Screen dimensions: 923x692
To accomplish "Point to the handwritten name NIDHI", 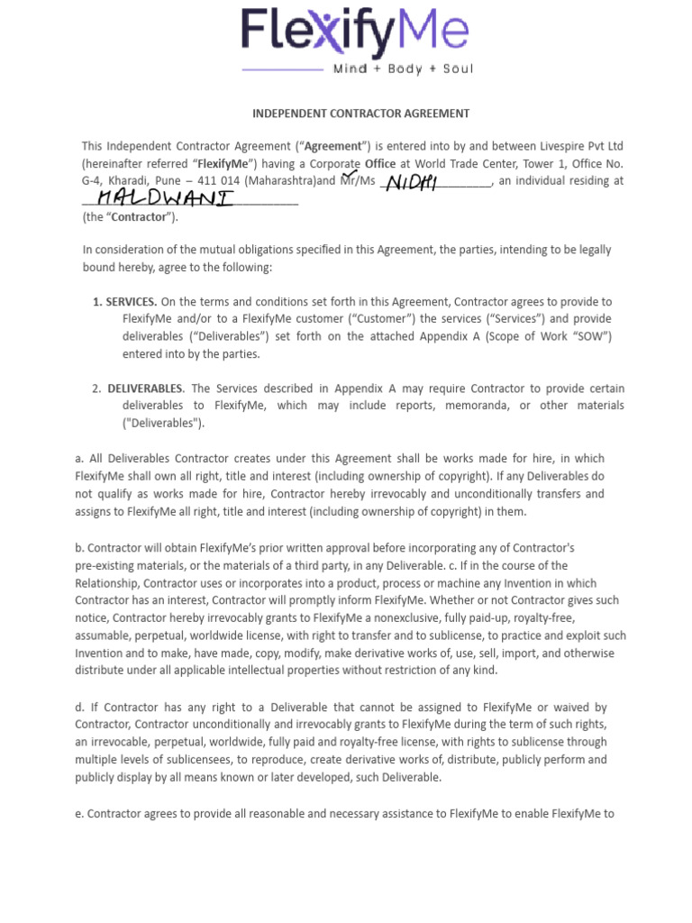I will [411, 183].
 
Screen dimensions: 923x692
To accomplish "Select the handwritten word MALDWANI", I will [165, 196].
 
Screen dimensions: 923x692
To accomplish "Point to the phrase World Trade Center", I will [463, 164].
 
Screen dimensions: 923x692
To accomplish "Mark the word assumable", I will [105, 635].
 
